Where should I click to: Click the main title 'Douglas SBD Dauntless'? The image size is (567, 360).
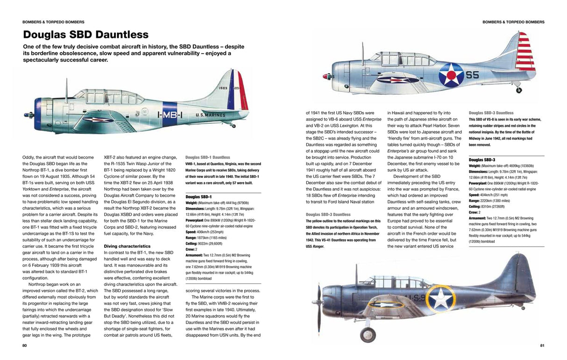(x=85, y=35)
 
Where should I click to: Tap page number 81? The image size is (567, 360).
(x=542, y=346)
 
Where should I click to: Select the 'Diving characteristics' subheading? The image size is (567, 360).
(x=127, y=246)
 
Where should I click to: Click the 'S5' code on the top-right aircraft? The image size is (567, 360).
(x=472, y=75)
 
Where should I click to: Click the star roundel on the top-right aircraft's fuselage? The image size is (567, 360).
(x=451, y=75)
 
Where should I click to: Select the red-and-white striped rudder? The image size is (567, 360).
(x=524, y=51)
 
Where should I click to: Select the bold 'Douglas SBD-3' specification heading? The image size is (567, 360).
(x=482, y=160)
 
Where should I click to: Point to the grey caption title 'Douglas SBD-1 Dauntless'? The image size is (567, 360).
(x=208, y=157)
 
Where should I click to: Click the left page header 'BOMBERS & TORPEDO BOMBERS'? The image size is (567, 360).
(x=53, y=22)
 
